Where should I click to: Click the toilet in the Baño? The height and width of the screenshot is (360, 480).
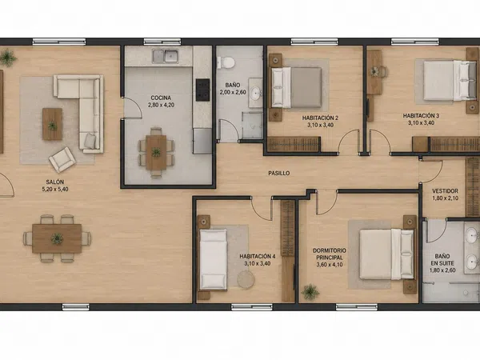pos(226,62)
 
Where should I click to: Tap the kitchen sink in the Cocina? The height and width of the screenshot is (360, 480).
pos(166,56)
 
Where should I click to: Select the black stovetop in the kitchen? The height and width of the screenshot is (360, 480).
pos(202,90)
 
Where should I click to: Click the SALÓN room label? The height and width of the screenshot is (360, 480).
pos(55,182)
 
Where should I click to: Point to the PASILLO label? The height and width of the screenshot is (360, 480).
pos(279,174)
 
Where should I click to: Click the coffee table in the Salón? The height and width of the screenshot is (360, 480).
pos(52,124)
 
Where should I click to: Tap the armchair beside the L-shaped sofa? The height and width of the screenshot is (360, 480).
pos(62,159)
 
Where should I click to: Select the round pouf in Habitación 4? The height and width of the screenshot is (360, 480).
pos(246,279)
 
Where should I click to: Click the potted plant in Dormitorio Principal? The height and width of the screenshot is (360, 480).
pos(310,291)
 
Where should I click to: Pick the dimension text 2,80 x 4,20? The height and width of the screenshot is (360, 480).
pos(161,105)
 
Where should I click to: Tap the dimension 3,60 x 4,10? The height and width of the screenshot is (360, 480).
pos(330,265)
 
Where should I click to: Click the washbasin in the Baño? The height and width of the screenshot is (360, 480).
pos(255,94)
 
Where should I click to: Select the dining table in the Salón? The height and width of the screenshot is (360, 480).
pos(57,238)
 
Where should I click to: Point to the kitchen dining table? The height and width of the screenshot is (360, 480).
pos(156,153)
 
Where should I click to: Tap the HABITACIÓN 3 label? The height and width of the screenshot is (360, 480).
pos(421,116)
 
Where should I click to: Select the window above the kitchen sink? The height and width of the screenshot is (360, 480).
pos(162,42)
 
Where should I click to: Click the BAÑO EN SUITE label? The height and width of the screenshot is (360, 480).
pos(442,259)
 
